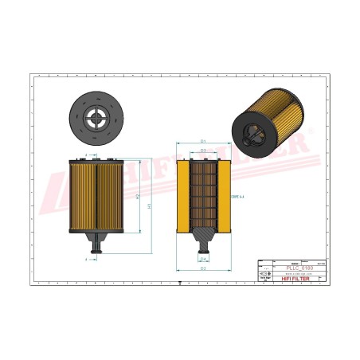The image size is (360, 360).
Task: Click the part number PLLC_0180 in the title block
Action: click(299, 268)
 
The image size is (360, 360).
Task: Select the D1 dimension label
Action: click(204, 141)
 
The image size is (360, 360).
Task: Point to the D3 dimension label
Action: click(204, 150)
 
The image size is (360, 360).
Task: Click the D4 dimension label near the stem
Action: click(204, 260)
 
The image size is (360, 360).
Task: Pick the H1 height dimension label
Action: click(149, 205)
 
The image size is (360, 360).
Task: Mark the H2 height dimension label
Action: click(139, 195)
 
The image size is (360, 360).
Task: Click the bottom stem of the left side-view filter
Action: click(97, 245)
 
